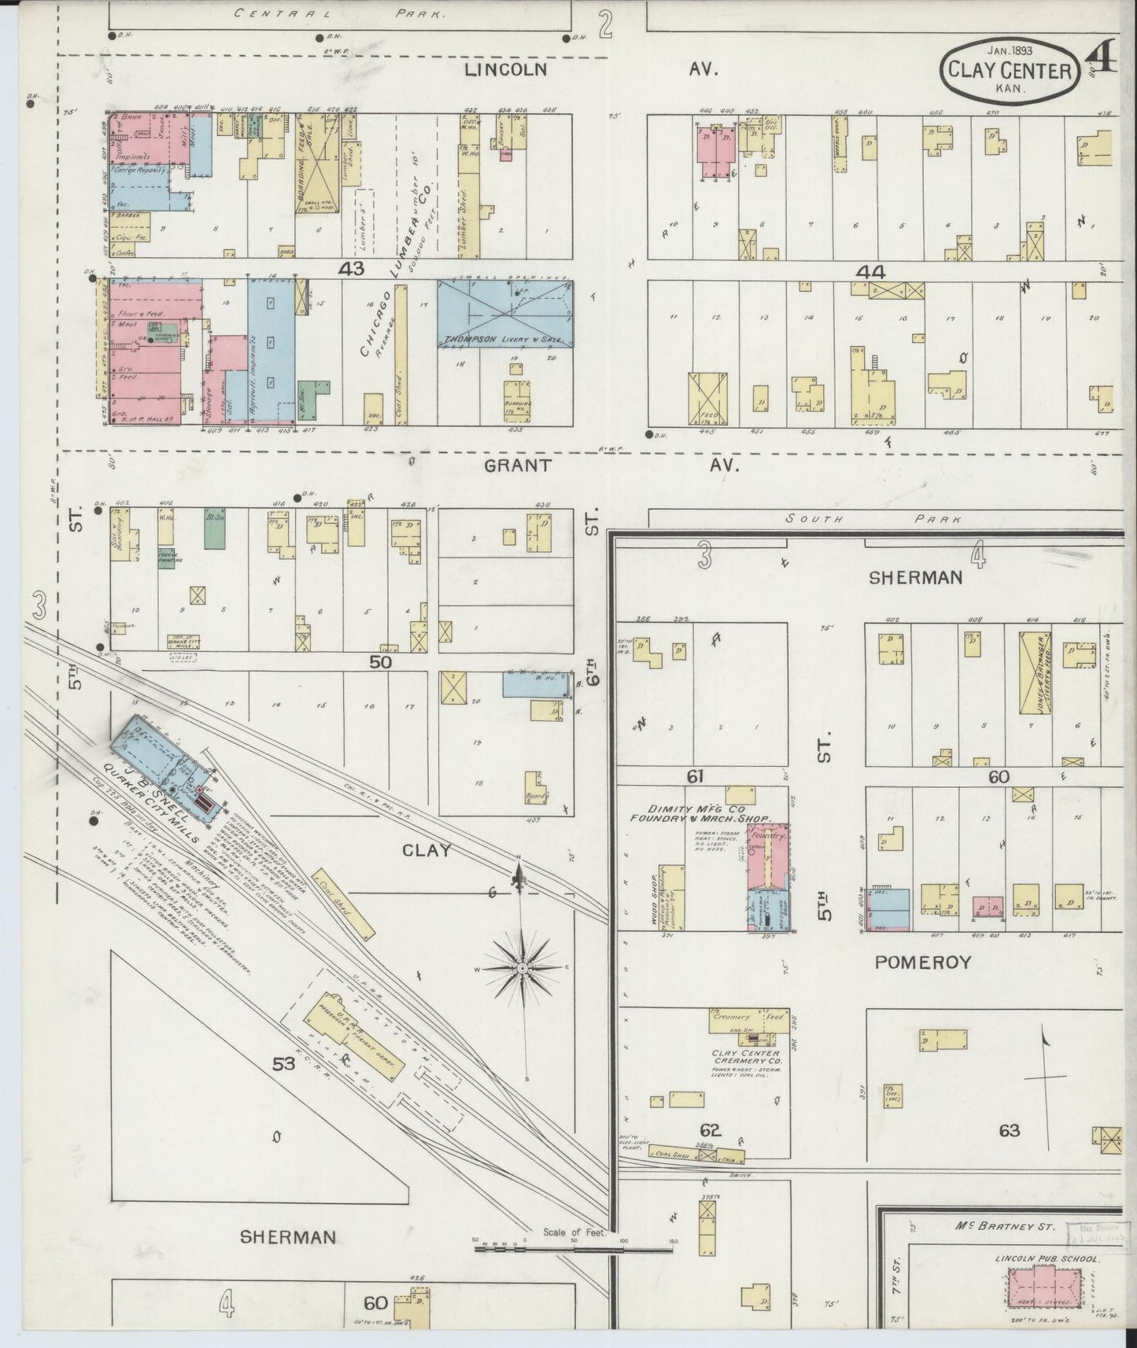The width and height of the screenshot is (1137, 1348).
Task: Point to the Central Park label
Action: point(339,13)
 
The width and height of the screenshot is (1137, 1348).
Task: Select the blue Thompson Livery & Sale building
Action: point(504,315)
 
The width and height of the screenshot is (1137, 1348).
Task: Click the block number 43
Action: point(351,269)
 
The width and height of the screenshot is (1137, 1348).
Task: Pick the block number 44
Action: point(871,272)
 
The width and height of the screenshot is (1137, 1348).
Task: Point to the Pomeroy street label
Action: point(920,962)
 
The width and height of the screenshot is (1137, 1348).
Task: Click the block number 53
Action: point(283,1064)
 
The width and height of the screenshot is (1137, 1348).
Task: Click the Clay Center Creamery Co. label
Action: point(745,1058)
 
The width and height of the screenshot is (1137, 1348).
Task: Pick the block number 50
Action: point(381,662)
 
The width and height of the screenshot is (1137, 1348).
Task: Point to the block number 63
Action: point(1010,1130)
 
